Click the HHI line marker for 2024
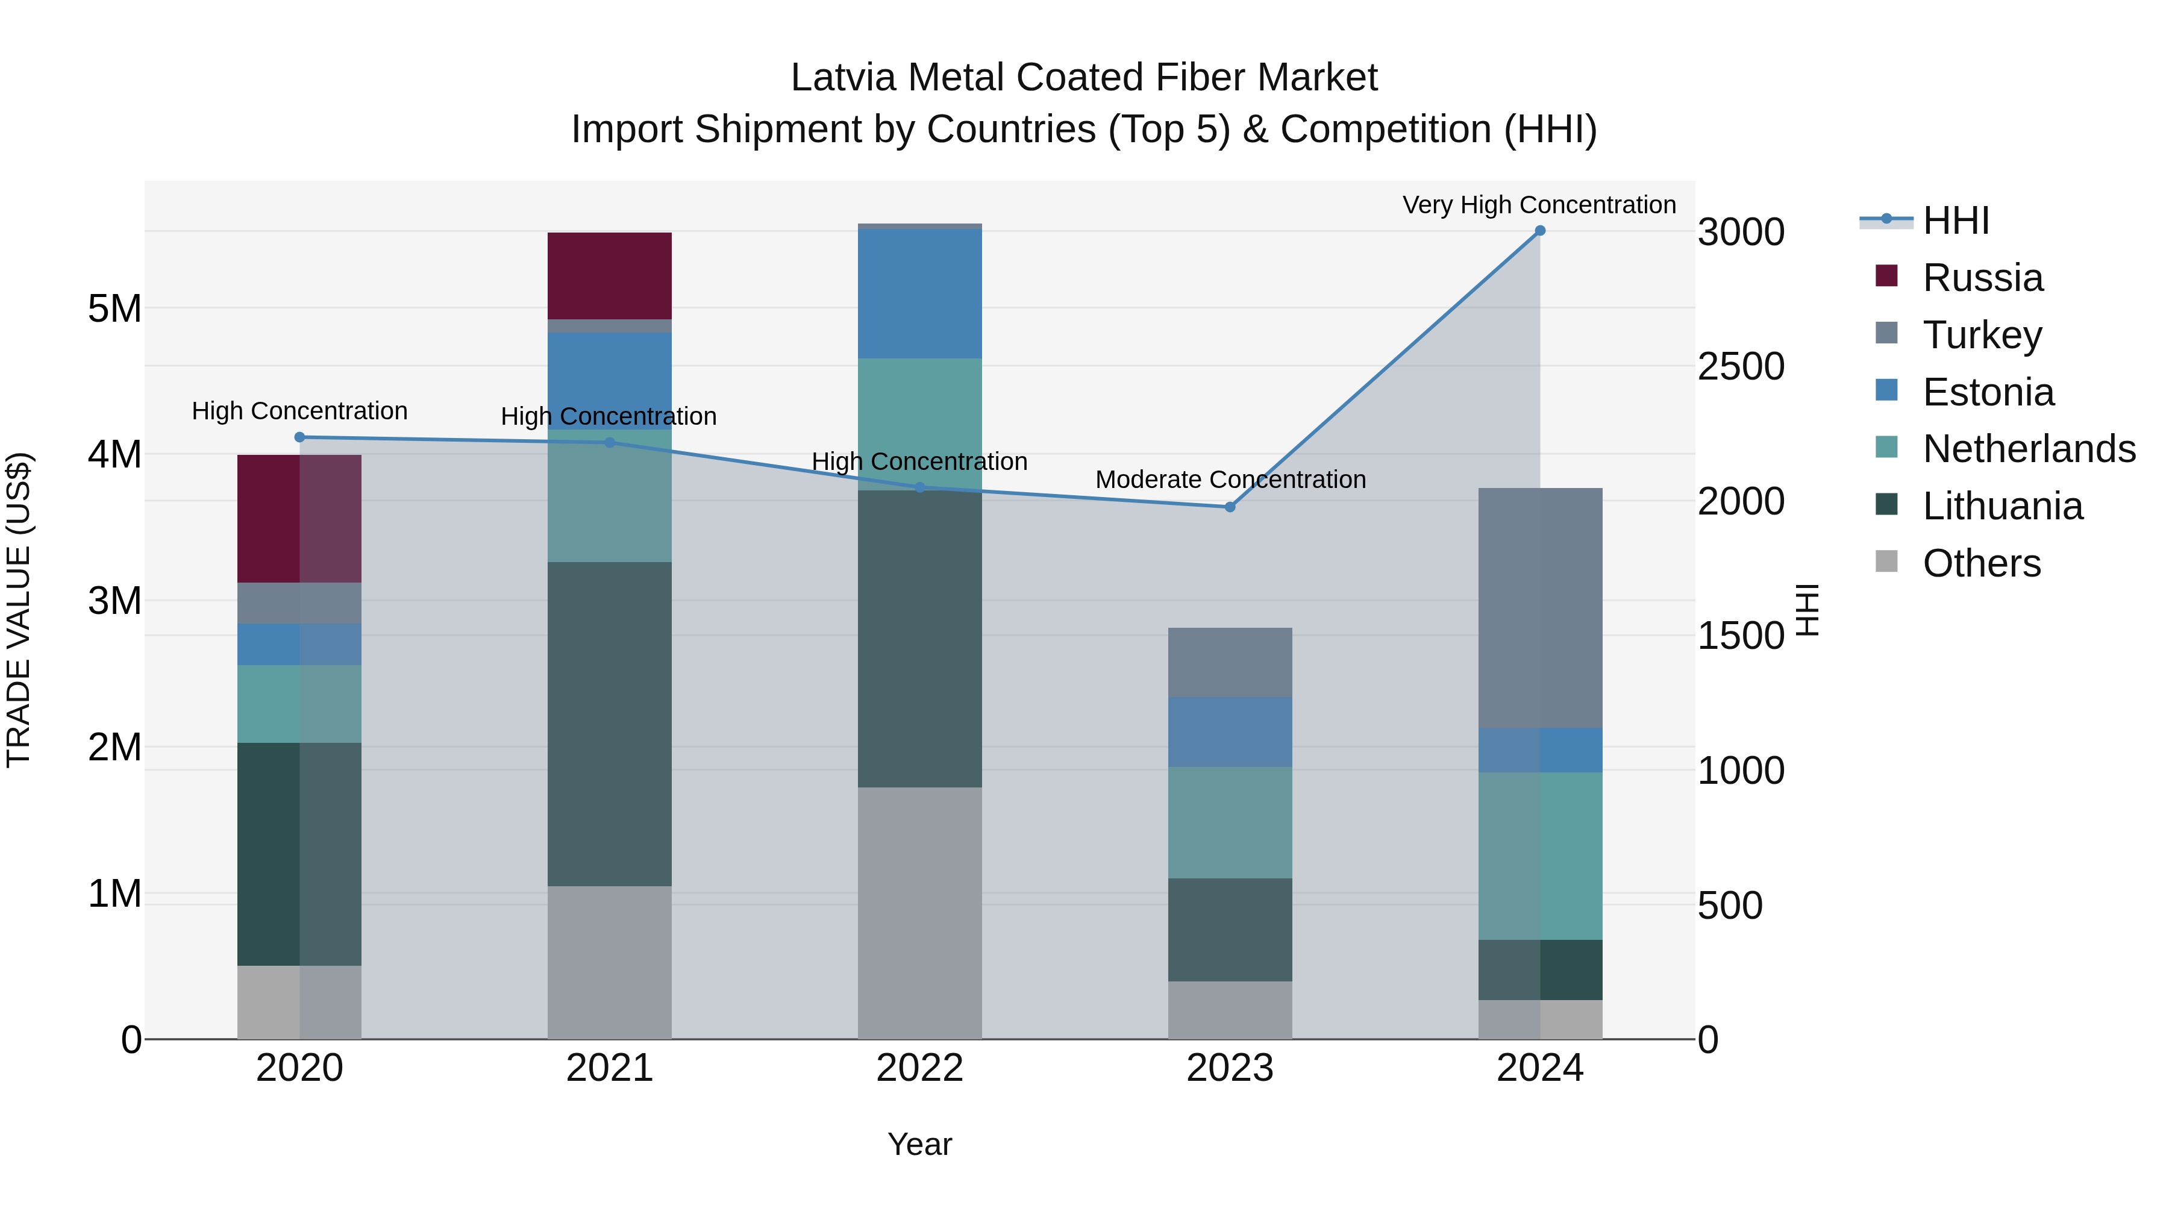(x=1540, y=231)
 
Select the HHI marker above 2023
(x=1229, y=507)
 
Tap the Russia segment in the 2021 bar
(x=610, y=275)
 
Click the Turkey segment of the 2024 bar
(x=1540, y=608)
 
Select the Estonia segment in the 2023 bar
(x=1229, y=731)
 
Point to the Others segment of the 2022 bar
(x=919, y=913)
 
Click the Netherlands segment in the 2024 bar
(x=1540, y=856)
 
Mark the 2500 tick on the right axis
(x=1739, y=366)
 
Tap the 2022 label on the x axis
(x=919, y=1068)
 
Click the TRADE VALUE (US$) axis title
(x=19, y=610)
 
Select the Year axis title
(x=919, y=1144)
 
